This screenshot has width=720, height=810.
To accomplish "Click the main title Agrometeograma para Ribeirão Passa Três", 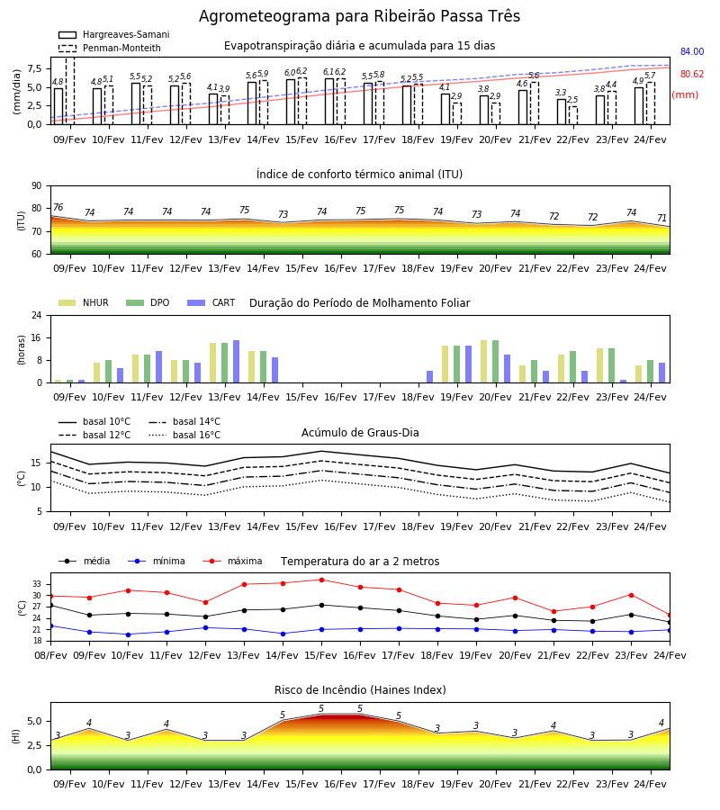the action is pos(359,16).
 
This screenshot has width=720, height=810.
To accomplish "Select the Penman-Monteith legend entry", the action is pos(110,48).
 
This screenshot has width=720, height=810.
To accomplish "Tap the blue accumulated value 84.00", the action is pos(692,51).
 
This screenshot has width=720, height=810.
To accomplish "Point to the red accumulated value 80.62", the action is pos(692,74).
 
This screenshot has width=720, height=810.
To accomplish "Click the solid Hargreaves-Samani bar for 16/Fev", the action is pos(329,101).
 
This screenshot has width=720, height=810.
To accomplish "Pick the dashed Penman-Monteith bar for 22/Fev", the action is pos(573,115).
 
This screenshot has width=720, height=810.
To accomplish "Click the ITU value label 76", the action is pos(58,207).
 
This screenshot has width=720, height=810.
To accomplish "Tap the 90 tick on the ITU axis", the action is pos(37,186).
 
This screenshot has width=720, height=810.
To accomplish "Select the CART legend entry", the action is pos(211,302).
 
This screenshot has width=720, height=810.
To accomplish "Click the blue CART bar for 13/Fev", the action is pos(236,362).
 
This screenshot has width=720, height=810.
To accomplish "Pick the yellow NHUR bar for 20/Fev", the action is pos(484,362).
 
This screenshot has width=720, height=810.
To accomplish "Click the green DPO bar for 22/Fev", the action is pos(572,367).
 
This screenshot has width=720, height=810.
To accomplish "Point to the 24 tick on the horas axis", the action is pos(37,315).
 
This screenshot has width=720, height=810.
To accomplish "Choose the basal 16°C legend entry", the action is pos(184,435).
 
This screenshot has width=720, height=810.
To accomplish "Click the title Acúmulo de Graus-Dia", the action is pos(360,433).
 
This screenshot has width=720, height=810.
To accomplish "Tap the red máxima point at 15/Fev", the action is pos(322,580).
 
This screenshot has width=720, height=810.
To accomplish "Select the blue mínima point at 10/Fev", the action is pos(128,634).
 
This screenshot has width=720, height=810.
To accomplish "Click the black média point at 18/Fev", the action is pos(438,616).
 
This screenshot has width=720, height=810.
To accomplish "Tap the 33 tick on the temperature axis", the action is pos(37,584).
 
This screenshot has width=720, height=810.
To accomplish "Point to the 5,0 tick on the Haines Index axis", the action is pos(34,721).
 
